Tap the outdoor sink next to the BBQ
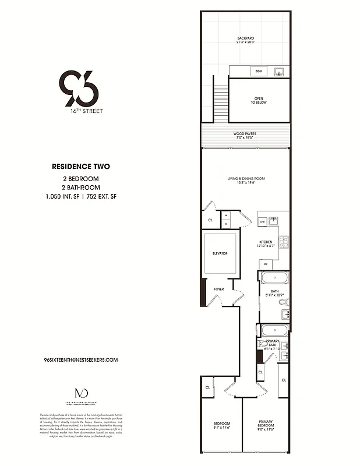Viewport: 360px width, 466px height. (x=278, y=72)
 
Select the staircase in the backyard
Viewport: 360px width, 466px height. (x=221, y=103)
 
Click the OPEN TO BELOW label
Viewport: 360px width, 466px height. (x=259, y=100)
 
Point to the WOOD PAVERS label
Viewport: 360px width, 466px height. (x=245, y=135)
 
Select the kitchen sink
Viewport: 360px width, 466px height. (x=273, y=221)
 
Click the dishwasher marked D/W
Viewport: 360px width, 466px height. (x=263, y=221)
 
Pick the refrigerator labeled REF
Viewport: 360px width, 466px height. (x=265, y=264)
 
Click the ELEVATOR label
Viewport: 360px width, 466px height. (x=220, y=253)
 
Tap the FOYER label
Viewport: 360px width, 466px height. (x=219, y=289)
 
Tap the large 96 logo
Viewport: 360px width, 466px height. (x=79, y=88)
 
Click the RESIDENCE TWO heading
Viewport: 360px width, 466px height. (x=81, y=166)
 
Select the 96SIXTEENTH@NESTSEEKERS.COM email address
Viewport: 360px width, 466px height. (x=81, y=360)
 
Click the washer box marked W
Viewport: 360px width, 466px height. (x=225, y=216)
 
